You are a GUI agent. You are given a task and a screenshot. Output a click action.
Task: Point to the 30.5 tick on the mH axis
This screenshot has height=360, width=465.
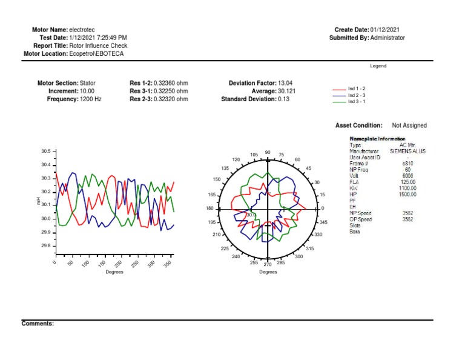point(46,151)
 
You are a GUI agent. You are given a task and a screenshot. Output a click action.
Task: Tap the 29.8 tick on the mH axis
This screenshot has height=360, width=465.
point(46,245)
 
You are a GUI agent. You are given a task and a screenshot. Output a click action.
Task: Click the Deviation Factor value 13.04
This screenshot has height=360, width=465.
point(285,83)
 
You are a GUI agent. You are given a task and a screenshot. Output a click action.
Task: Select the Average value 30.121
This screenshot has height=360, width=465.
point(286,91)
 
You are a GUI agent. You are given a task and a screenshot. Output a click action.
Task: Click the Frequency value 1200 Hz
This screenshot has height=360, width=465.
point(91,99)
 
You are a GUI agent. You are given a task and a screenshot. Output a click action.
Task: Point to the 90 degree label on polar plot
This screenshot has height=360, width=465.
point(268,153)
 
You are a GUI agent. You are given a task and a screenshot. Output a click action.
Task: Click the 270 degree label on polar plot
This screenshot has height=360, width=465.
point(267,264)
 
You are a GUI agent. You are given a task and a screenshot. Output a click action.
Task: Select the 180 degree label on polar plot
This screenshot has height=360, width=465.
point(209,208)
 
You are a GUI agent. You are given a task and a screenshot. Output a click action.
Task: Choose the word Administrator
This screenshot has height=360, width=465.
point(387,38)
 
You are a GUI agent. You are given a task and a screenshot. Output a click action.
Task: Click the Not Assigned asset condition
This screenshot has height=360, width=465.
point(409,125)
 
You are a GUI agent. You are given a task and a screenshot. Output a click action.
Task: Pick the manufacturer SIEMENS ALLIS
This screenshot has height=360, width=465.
point(407,152)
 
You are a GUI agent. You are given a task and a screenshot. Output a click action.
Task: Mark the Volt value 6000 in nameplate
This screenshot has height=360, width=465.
point(407,176)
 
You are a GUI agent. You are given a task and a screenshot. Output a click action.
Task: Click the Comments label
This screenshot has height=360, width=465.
point(38,324)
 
